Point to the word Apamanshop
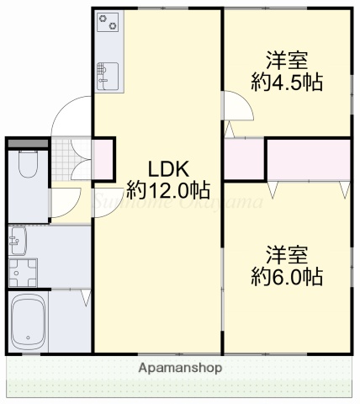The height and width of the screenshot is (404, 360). coord(180,368)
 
